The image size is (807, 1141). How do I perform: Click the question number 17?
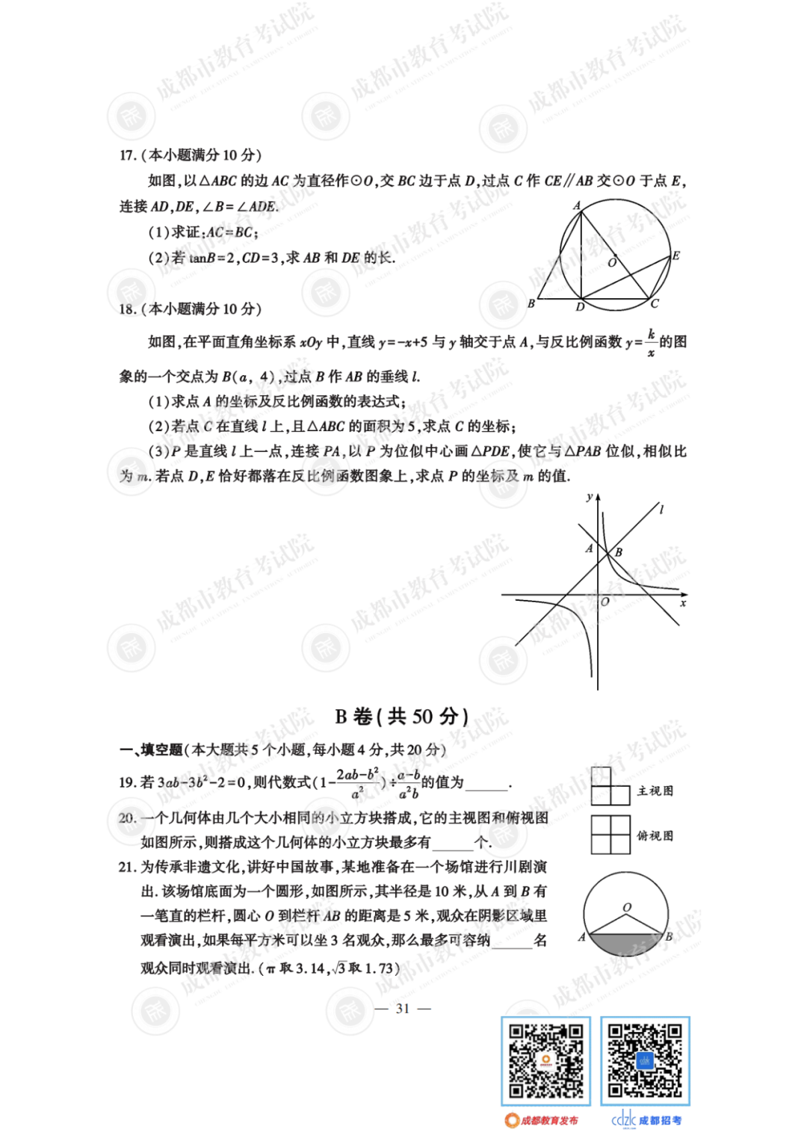(127, 155)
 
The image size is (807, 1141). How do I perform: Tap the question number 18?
(127, 309)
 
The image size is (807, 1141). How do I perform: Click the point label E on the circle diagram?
(675, 256)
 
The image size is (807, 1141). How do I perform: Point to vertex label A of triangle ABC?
(576, 205)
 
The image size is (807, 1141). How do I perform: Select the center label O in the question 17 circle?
(612, 262)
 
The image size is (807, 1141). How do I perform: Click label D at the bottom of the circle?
(580, 306)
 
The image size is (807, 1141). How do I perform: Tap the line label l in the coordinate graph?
(661, 510)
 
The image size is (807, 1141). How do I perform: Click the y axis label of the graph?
(590, 497)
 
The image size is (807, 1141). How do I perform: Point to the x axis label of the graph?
(682, 603)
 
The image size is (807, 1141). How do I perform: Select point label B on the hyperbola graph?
(619, 552)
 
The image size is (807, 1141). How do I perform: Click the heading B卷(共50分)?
(402, 717)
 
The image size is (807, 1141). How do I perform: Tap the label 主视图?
(655, 791)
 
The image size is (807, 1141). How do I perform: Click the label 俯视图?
(655, 835)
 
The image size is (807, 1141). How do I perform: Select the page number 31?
(403, 1009)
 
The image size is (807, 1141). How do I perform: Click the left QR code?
(545, 1061)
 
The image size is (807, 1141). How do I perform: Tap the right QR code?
(645, 1061)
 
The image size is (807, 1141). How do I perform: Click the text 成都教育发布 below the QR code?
(549, 1120)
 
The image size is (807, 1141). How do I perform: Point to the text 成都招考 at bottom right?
(660, 1120)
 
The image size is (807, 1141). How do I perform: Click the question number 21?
(127, 867)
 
